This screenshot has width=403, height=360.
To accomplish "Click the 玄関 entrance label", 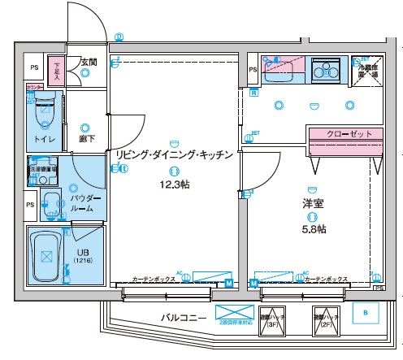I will click(89, 61).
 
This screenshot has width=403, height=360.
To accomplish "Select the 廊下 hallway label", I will click(88, 139).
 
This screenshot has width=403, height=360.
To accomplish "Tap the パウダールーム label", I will click(86, 203).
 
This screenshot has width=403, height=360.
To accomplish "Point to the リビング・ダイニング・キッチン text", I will click(175, 154).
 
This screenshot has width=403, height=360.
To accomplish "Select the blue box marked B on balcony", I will click(366, 312).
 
